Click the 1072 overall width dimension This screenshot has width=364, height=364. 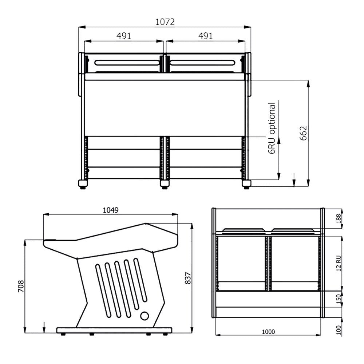165,22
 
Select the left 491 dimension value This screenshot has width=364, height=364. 124,36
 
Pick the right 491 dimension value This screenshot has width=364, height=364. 206,36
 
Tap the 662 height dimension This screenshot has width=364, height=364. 303,133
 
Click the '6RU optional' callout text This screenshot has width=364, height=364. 272,128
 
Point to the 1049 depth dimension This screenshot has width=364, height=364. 111,210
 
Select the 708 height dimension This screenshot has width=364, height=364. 21,286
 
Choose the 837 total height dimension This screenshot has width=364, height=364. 188,278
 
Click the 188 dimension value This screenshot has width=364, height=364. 339,218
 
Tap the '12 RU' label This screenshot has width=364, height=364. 339,263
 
